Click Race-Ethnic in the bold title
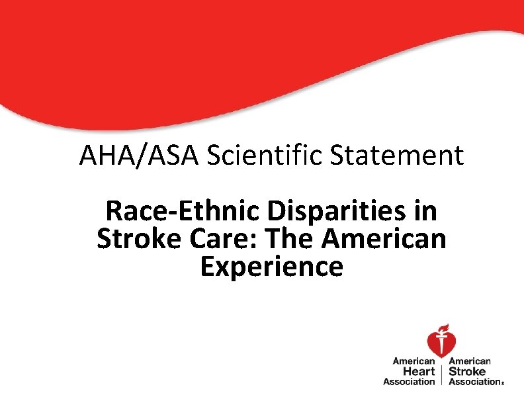click(182, 212)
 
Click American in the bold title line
click(384, 239)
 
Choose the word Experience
click(271, 266)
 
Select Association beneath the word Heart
click(409, 381)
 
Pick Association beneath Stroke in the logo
click(474, 381)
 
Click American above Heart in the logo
click(414, 361)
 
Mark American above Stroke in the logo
click(470, 361)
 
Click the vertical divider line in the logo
click(442, 372)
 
